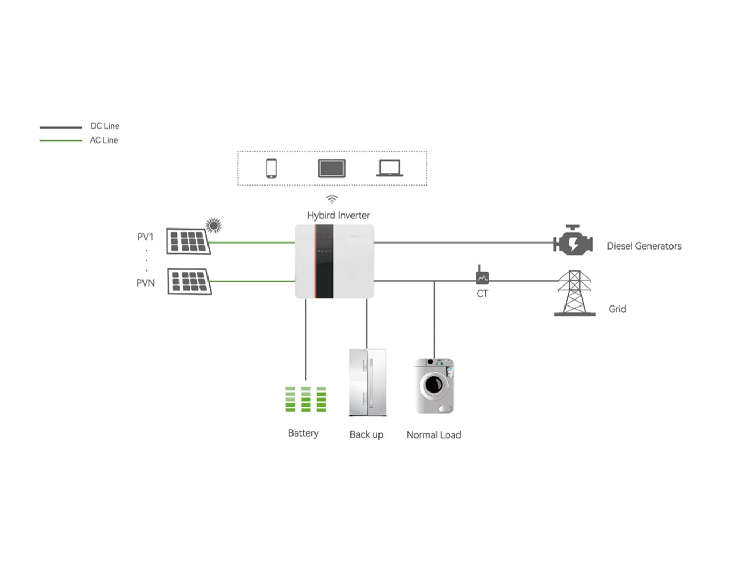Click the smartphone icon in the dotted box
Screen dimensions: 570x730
point(271,168)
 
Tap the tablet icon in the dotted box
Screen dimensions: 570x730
point(332,168)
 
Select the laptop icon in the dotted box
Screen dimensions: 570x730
point(390,168)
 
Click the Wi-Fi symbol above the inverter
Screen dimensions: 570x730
point(332,199)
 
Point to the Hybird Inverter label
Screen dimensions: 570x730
point(338,215)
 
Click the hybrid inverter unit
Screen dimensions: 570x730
point(334,261)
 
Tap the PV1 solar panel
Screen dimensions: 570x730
point(188,241)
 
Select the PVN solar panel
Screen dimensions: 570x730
point(189,281)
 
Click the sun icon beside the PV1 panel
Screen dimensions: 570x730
point(214,225)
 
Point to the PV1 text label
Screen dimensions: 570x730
point(145,237)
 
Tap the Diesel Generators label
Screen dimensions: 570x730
point(644,246)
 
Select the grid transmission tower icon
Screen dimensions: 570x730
point(574,293)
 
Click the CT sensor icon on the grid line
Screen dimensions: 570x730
point(482,276)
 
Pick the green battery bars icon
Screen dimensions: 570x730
point(305,399)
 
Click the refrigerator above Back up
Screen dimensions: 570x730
point(368,382)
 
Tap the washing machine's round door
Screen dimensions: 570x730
point(434,384)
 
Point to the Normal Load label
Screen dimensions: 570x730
point(433,435)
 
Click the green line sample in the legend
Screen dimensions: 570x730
point(61,141)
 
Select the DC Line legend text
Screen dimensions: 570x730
point(105,126)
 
